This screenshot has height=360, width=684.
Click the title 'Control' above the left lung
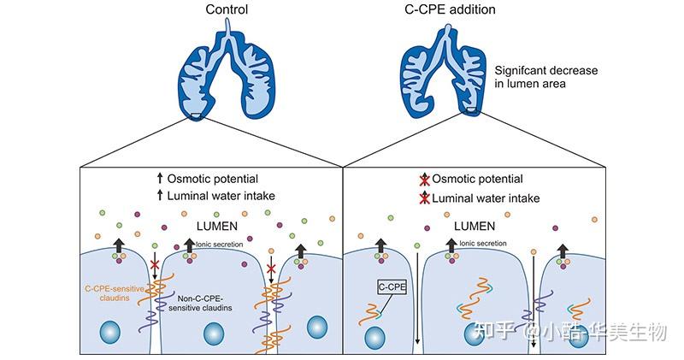coord(227,10)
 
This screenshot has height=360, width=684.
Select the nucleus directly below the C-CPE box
coord(373,337)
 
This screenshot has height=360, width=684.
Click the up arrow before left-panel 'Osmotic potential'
coord(160,180)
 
